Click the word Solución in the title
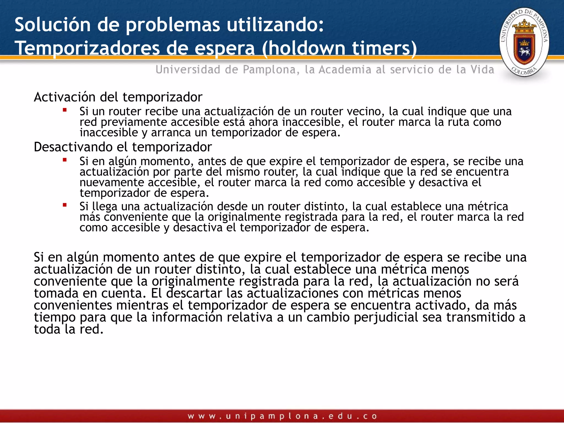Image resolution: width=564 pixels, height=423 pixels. point(53,25)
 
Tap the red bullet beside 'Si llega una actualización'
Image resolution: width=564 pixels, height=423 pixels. point(65,205)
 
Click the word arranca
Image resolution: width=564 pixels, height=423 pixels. point(171,133)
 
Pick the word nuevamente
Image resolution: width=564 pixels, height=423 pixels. point(112,183)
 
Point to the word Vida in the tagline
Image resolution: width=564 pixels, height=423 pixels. point(482,70)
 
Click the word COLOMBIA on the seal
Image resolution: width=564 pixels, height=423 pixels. point(524,71)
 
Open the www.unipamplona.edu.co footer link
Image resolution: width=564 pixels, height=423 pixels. point(282,416)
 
